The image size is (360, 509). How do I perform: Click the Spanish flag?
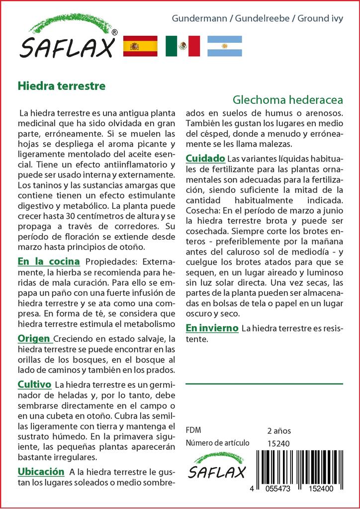pyautogui.click(x=140, y=46)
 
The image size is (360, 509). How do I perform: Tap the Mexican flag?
pyautogui.click(x=182, y=46)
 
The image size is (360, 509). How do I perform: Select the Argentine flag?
pyautogui.click(x=224, y=46)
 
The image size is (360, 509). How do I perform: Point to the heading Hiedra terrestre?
pyautogui.click(x=62, y=85)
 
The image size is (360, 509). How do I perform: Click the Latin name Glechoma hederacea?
pyautogui.click(x=288, y=99)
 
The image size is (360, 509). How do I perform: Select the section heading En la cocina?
pyautogui.click(x=49, y=261)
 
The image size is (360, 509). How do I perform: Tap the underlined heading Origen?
pyautogui.click(x=35, y=339)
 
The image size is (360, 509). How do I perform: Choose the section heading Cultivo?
pyautogui.click(x=34, y=385)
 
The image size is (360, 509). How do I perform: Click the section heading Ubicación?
pyautogui.click(x=41, y=471)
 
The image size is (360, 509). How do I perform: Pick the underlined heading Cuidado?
pyautogui.click(x=205, y=159)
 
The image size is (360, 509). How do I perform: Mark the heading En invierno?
pyautogui.click(x=212, y=328)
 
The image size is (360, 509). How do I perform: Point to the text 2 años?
pyautogui.click(x=279, y=430)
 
